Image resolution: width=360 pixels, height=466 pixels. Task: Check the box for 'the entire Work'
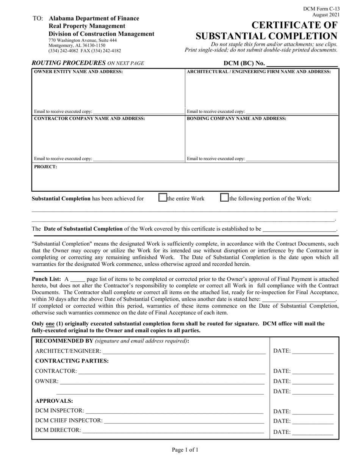click(x=163, y=197)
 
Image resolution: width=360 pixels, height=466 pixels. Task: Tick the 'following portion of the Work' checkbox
click(x=224, y=197)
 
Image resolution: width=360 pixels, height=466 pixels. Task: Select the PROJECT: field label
click(x=45, y=166)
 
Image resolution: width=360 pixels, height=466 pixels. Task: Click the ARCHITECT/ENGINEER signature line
click(x=184, y=352)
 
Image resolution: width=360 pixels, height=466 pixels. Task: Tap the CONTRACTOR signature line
click(x=171, y=371)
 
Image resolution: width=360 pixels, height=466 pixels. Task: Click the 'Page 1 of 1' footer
click(x=185, y=450)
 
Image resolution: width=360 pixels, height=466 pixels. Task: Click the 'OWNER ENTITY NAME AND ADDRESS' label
click(x=78, y=72)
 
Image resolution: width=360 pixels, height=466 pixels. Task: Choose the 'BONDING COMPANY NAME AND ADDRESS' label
click(x=236, y=119)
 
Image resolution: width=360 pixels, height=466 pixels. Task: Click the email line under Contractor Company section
click(x=138, y=159)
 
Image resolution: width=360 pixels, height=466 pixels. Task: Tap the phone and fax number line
click(x=85, y=50)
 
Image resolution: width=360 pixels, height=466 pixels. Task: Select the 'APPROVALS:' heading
click(x=54, y=401)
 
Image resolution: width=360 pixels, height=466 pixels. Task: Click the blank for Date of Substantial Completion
click(x=299, y=229)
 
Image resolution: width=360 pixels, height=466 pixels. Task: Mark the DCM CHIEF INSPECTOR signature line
click(x=184, y=421)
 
